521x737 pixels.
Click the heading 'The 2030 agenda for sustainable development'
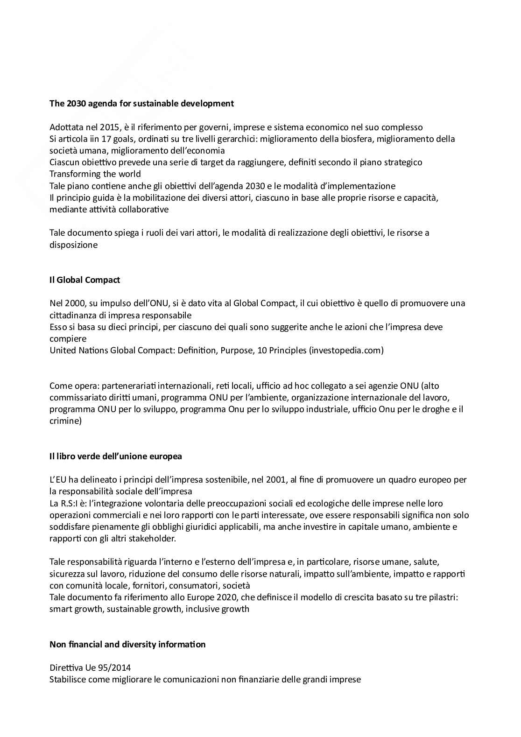(x=141, y=103)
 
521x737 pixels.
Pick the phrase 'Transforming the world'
(x=95, y=174)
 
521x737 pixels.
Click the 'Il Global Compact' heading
(x=84, y=280)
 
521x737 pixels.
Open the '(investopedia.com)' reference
(x=346, y=350)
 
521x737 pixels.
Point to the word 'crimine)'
(x=65, y=421)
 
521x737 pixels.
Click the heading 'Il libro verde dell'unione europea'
(x=115, y=456)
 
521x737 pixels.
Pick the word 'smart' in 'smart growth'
(x=61, y=609)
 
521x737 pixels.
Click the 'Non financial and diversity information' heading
(x=127, y=644)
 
